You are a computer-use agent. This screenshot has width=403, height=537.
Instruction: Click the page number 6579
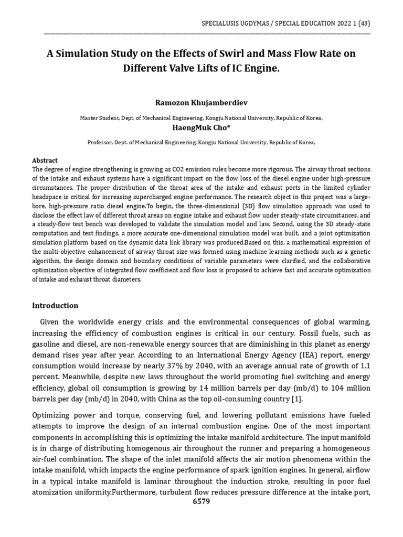point(201,502)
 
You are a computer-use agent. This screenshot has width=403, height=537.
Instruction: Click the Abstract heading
point(45,160)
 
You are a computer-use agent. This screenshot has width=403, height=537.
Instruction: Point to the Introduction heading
point(55,305)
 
